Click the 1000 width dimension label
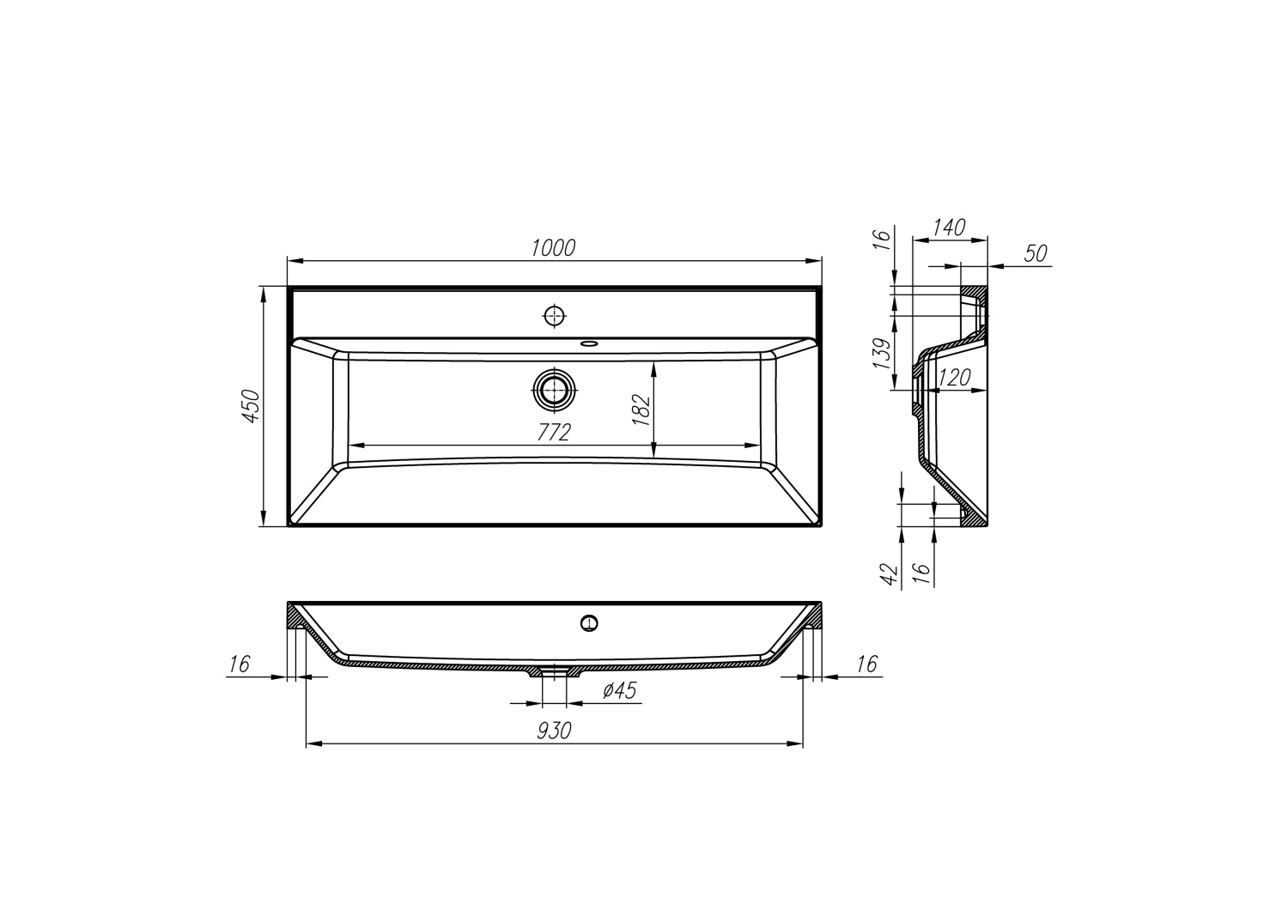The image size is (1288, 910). click(x=553, y=248)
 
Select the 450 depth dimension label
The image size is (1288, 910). click(x=250, y=407)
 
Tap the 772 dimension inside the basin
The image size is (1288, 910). click(x=553, y=433)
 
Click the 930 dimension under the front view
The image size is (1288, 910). click(x=554, y=731)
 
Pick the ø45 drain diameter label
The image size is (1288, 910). click(x=619, y=691)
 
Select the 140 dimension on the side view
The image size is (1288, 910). click(x=949, y=227)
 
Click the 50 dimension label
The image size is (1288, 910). click(x=1036, y=253)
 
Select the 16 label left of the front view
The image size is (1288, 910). click(x=239, y=664)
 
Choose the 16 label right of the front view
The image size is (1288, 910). click(x=867, y=664)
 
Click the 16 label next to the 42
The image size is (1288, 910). click(x=920, y=572)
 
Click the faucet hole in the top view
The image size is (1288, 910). click(x=555, y=316)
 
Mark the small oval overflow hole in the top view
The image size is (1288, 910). click(x=588, y=344)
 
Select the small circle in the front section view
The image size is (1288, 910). click(x=588, y=622)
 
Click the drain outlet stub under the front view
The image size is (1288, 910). click(x=554, y=672)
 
